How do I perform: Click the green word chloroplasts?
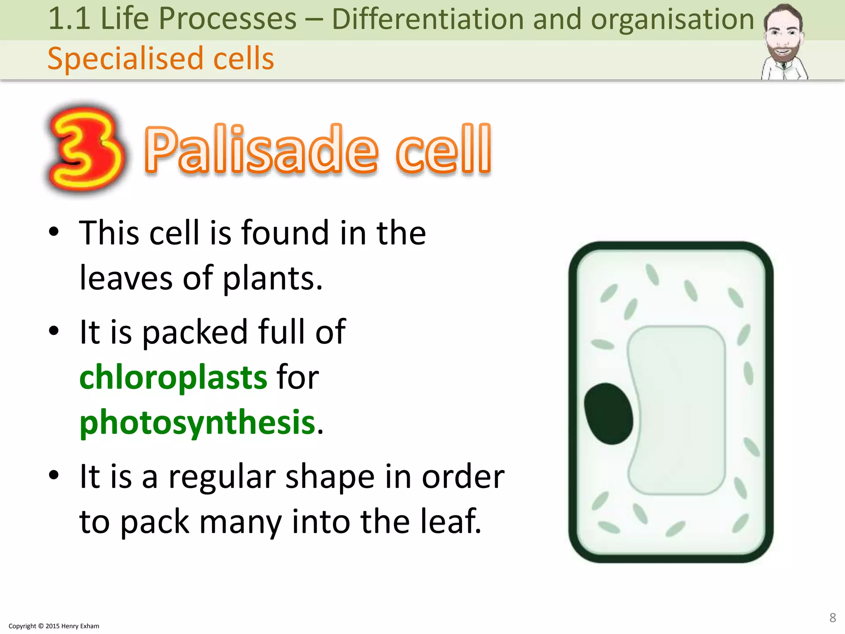[173, 377]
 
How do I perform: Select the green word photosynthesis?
[197, 423]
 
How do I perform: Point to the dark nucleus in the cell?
[609, 414]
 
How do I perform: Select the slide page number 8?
[832, 617]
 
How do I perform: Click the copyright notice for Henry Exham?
[54, 626]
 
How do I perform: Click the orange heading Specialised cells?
[161, 58]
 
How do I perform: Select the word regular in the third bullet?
[222, 477]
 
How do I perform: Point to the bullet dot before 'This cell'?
[54, 232]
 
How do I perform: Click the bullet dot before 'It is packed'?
[54, 331]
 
